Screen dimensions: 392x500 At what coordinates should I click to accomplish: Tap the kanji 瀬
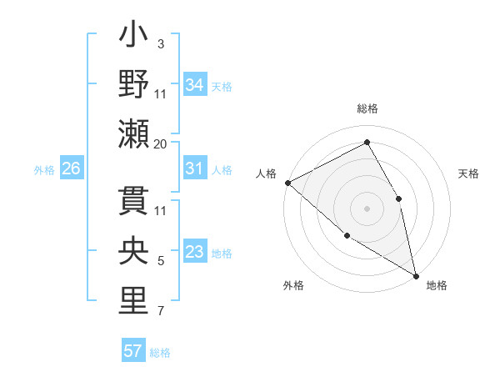coord(133,134)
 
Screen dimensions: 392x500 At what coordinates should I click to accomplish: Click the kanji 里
coord(133,301)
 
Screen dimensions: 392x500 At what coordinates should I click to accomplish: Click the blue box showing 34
coord(195,85)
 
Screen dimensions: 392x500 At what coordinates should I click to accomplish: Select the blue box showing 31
coord(195,168)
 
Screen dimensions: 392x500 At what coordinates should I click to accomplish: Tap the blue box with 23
coord(195,252)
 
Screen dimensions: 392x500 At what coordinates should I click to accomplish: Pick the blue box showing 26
coord(72,168)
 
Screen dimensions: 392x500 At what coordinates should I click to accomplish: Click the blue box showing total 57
coord(132,351)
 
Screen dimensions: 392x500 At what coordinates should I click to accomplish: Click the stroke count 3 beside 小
coord(160,43)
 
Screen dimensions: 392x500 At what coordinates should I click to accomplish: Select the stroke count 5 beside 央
coord(160,261)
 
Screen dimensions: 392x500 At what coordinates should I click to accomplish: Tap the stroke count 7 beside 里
coord(160,311)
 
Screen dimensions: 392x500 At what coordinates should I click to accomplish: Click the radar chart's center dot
coord(367,208)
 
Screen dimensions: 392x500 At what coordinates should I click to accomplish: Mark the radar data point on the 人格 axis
coord(287,183)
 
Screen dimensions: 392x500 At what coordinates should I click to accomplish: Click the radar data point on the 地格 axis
coord(415,274)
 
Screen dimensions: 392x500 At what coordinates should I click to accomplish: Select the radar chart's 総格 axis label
coord(367,108)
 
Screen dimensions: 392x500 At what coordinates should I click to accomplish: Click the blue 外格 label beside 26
coord(44,169)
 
